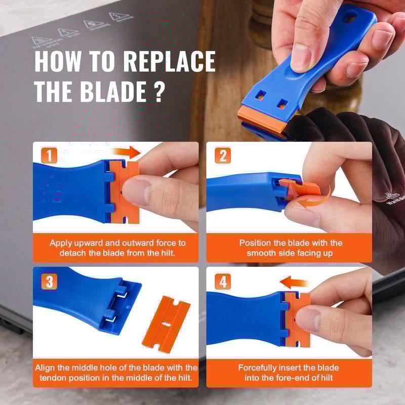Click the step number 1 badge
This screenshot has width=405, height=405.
point(49,155)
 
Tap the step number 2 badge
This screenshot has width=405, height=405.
point(222,155)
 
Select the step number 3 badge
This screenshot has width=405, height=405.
point(49,281)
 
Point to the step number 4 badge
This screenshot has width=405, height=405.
point(222,281)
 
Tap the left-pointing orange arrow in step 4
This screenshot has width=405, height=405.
point(295,282)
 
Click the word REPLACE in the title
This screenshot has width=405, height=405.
point(170,62)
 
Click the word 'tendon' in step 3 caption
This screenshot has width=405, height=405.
point(54,377)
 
